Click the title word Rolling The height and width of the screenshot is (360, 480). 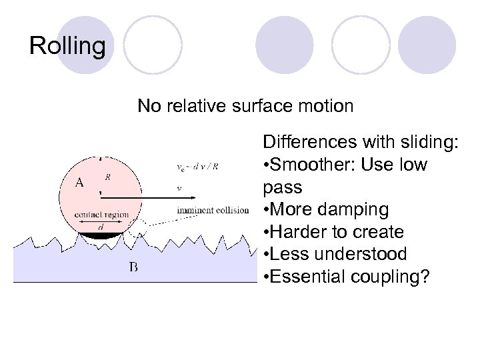67,46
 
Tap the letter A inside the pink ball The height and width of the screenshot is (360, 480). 79,182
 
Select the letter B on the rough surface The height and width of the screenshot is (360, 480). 133,268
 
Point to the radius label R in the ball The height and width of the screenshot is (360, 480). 107,177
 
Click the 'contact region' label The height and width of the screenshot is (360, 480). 101,215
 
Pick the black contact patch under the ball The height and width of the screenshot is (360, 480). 101,235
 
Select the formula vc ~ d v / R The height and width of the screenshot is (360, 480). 198,167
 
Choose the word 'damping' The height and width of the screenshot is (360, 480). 366,210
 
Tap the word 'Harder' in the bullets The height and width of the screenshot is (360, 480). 299,232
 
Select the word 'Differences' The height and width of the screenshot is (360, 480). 310,142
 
